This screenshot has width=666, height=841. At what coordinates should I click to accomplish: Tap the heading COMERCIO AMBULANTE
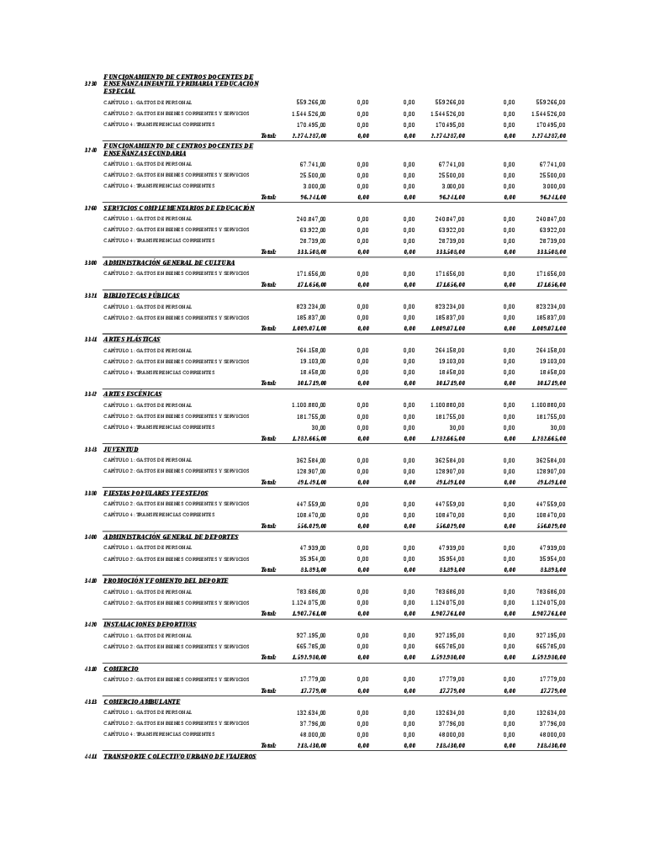coord(141,701)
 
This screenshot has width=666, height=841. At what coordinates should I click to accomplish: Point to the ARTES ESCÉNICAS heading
coord(132,394)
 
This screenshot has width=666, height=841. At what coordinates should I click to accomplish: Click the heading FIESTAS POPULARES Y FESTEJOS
coord(156,494)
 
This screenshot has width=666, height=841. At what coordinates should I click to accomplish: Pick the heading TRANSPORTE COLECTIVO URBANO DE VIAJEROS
coord(179,757)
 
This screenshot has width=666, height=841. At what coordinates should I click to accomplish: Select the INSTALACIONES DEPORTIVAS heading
coord(150,625)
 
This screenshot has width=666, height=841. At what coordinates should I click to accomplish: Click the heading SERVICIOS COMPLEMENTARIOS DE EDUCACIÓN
coord(178,208)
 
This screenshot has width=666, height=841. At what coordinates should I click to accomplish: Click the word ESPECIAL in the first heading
coord(119,91)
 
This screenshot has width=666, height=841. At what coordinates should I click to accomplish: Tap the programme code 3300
coord(91,263)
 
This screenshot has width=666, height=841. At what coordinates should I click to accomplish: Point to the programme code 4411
coord(91,757)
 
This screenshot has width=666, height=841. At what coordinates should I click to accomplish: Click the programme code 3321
coord(91,296)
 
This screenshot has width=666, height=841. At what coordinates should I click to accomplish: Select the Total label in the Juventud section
coord(268,483)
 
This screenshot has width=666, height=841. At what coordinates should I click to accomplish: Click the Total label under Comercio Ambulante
coord(268,746)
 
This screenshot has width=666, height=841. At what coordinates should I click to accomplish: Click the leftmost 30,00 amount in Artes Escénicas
coord(318,427)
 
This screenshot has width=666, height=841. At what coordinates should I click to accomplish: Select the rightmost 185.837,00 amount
coord(550,318)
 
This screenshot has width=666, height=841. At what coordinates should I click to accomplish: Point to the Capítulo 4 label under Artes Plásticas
coord(159,373)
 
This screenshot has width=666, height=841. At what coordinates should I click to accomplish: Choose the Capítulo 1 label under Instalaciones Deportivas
coord(147,636)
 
